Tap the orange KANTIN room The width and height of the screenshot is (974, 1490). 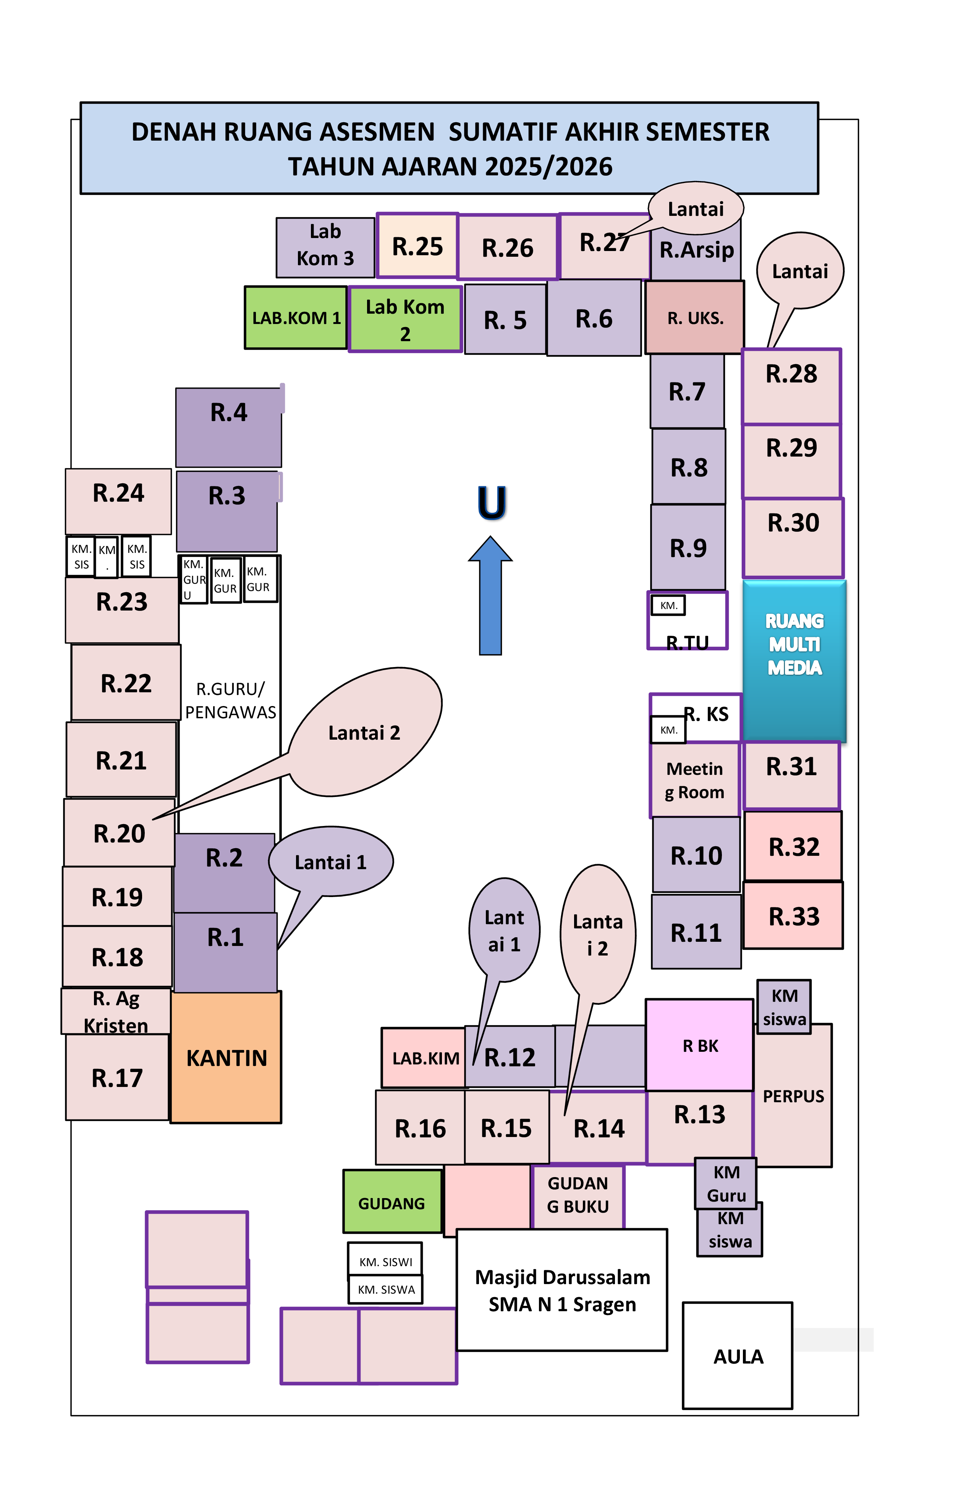click(x=226, y=1058)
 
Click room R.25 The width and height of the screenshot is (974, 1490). click(x=417, y=246)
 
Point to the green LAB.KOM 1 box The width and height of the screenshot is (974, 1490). click(x=296, y=317)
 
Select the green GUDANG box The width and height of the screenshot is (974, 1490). click(x=392, y=1203)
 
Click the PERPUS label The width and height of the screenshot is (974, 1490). click(x=793, y=1096)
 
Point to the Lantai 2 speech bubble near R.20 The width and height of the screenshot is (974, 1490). click(x=364, y=732)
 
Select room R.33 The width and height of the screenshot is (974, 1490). click(x=793, y=916)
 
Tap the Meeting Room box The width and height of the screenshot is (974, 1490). click(x=694, y=779)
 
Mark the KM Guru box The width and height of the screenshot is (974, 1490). click(x=725, y=1183)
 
